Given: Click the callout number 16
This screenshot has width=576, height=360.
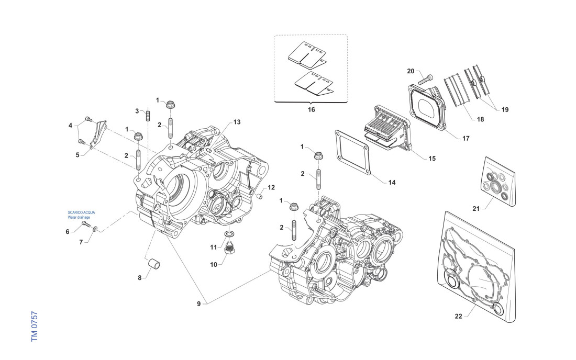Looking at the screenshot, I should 312,110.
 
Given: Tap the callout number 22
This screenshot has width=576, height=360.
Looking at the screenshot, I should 458,316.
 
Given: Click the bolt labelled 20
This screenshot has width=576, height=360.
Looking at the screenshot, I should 425,78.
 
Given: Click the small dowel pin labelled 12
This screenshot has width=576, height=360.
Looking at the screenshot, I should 259,196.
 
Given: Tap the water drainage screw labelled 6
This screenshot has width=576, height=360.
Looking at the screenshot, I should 85,225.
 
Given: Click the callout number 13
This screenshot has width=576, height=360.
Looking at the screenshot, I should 237,122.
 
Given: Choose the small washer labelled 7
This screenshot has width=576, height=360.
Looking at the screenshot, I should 95,229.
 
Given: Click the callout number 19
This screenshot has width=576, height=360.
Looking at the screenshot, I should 504,110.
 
